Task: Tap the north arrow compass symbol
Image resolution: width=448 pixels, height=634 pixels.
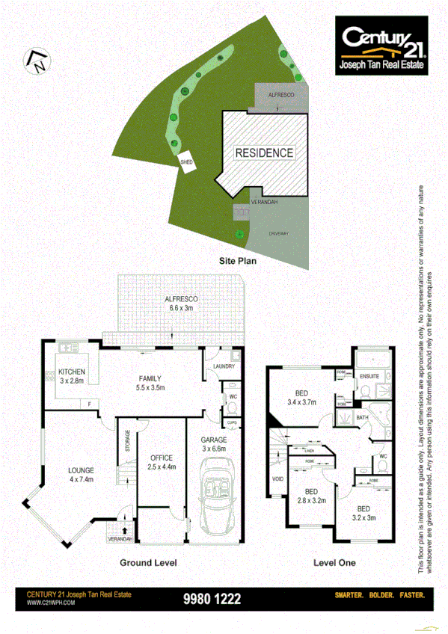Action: coord(36,61)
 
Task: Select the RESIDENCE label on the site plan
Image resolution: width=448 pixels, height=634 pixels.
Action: coord(264,153)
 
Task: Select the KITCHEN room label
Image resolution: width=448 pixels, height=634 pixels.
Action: coord(72,376)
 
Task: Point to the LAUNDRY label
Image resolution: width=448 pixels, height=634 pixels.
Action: coord(224,366)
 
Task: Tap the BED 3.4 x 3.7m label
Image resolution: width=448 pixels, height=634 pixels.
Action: coord(301,397)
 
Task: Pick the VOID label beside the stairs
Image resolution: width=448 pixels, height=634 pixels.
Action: coord(278,479)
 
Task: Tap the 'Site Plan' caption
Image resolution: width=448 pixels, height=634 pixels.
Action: coord(238,261)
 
